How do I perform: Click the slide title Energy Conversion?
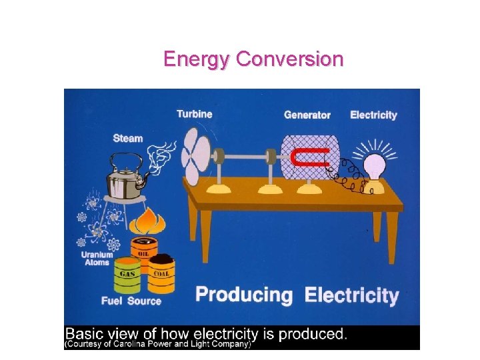tap(253, 59)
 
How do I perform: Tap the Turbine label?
tap(195, 114)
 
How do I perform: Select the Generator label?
tap(307, 115)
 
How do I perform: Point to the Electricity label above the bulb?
tap(373, 115)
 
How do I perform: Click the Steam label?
tap(128, 138)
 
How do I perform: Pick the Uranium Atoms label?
tap(97, 259)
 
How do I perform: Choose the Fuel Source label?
tap(131, 301)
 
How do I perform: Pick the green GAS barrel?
tap(127, 275)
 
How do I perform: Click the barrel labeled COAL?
tap(161, 273)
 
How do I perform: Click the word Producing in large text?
tap(244, 295)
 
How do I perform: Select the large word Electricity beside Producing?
tap(352, 295)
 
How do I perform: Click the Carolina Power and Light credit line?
tap(157, 345)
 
